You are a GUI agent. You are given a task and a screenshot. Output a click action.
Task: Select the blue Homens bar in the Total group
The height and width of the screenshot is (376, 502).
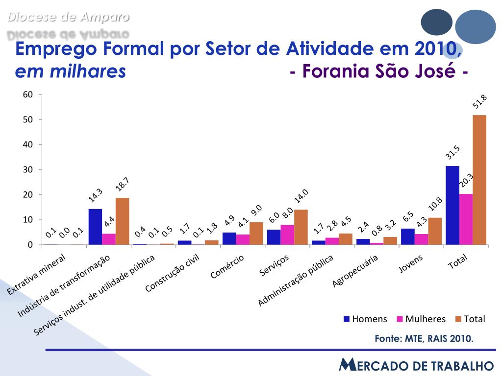[x=452, y=205]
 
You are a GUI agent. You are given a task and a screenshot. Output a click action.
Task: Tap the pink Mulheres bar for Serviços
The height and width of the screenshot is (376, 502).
[x=287, y=235]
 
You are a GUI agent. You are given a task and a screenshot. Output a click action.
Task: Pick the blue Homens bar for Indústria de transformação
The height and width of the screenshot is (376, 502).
[x=95, y=227]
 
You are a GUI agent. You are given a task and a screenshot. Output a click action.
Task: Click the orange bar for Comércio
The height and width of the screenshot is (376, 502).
[x=256, y=233]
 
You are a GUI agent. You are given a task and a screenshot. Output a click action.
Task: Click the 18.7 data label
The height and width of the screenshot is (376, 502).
[x=122, y=185]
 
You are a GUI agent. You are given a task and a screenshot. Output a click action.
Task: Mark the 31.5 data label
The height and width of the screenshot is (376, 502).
[x=452, y=153]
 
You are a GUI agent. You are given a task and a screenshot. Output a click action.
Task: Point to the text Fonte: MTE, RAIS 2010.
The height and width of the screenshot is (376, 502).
[x=424, y=339]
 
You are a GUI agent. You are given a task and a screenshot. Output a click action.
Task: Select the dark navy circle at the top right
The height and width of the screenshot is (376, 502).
[x=436, y=22]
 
